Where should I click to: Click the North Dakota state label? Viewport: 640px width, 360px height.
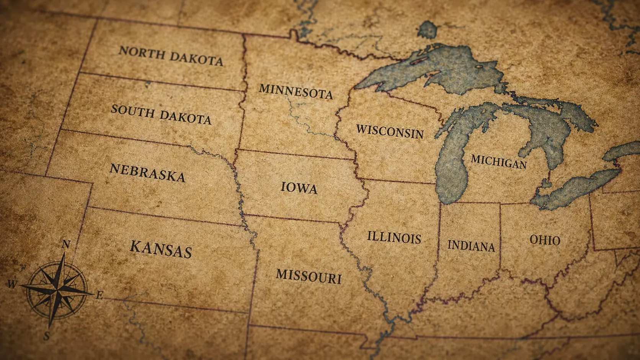click(171, 56)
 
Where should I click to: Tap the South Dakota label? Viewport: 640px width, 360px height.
click(161, 114)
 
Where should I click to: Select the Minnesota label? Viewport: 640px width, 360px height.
click(296, 91)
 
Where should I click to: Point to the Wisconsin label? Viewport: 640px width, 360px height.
click(390, 131)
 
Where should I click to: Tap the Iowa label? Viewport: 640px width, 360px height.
click(299, 187)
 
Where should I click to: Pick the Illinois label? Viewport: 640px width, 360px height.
click(394, 237)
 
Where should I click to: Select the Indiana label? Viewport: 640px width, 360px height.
click(471, 245)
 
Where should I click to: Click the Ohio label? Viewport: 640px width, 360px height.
click(545, 240)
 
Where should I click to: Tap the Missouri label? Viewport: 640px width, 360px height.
click(309, 276)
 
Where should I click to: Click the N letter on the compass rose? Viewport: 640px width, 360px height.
click(66, 244)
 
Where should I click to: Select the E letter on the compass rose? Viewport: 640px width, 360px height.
click(99, 295)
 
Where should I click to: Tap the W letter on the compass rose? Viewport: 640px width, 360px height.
click(12, 284)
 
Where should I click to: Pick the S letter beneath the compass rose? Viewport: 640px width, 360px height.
click(46, 336)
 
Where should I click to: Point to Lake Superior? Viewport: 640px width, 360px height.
click(440, 69)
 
